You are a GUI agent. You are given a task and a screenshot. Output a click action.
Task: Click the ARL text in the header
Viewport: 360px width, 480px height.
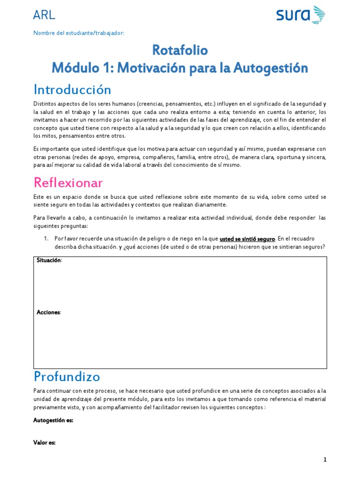point(45,15)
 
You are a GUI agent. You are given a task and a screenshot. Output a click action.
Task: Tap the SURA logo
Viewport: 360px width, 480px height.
point(300,15)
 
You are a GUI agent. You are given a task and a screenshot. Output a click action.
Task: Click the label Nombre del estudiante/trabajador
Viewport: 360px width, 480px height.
point(79,33)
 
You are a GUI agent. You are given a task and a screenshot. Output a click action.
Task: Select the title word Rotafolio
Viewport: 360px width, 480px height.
point(180,50)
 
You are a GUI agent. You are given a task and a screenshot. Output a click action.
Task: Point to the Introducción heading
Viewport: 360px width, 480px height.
point(72,89)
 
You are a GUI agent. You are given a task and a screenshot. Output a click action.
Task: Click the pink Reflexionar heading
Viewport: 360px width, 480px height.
point(68,182)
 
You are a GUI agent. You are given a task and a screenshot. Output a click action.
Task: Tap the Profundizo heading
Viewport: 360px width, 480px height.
point(67,376)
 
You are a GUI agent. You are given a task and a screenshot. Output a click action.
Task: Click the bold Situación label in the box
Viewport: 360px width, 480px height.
point(48,261)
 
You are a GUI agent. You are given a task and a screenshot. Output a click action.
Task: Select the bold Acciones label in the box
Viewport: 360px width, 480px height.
point(48,312)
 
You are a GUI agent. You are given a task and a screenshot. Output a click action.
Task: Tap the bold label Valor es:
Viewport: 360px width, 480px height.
point(45,442)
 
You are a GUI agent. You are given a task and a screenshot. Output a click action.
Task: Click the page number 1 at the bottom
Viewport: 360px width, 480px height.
point(325,460)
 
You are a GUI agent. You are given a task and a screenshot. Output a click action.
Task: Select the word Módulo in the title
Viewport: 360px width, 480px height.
point(75,68)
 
